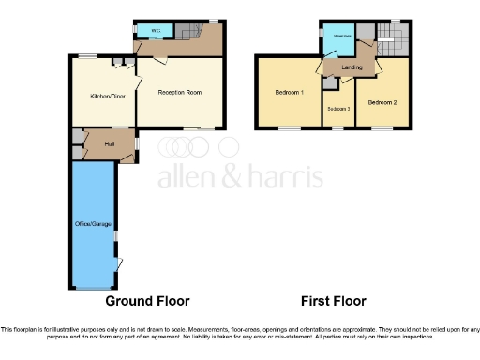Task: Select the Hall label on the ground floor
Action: tap(110, 143)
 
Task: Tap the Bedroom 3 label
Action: tap(338, 109)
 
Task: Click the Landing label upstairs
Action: tap(352, 67)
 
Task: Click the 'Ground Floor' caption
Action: tap(147, 302)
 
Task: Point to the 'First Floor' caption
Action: tap(333, 302)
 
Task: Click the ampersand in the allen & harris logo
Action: tap(227, 177)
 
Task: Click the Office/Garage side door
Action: tap(120, 265)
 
